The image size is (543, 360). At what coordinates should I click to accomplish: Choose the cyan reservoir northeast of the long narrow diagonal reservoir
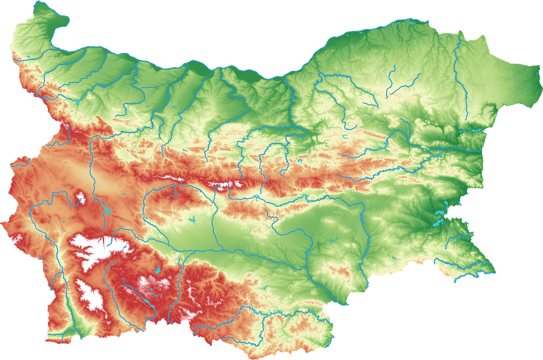(159, 269)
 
